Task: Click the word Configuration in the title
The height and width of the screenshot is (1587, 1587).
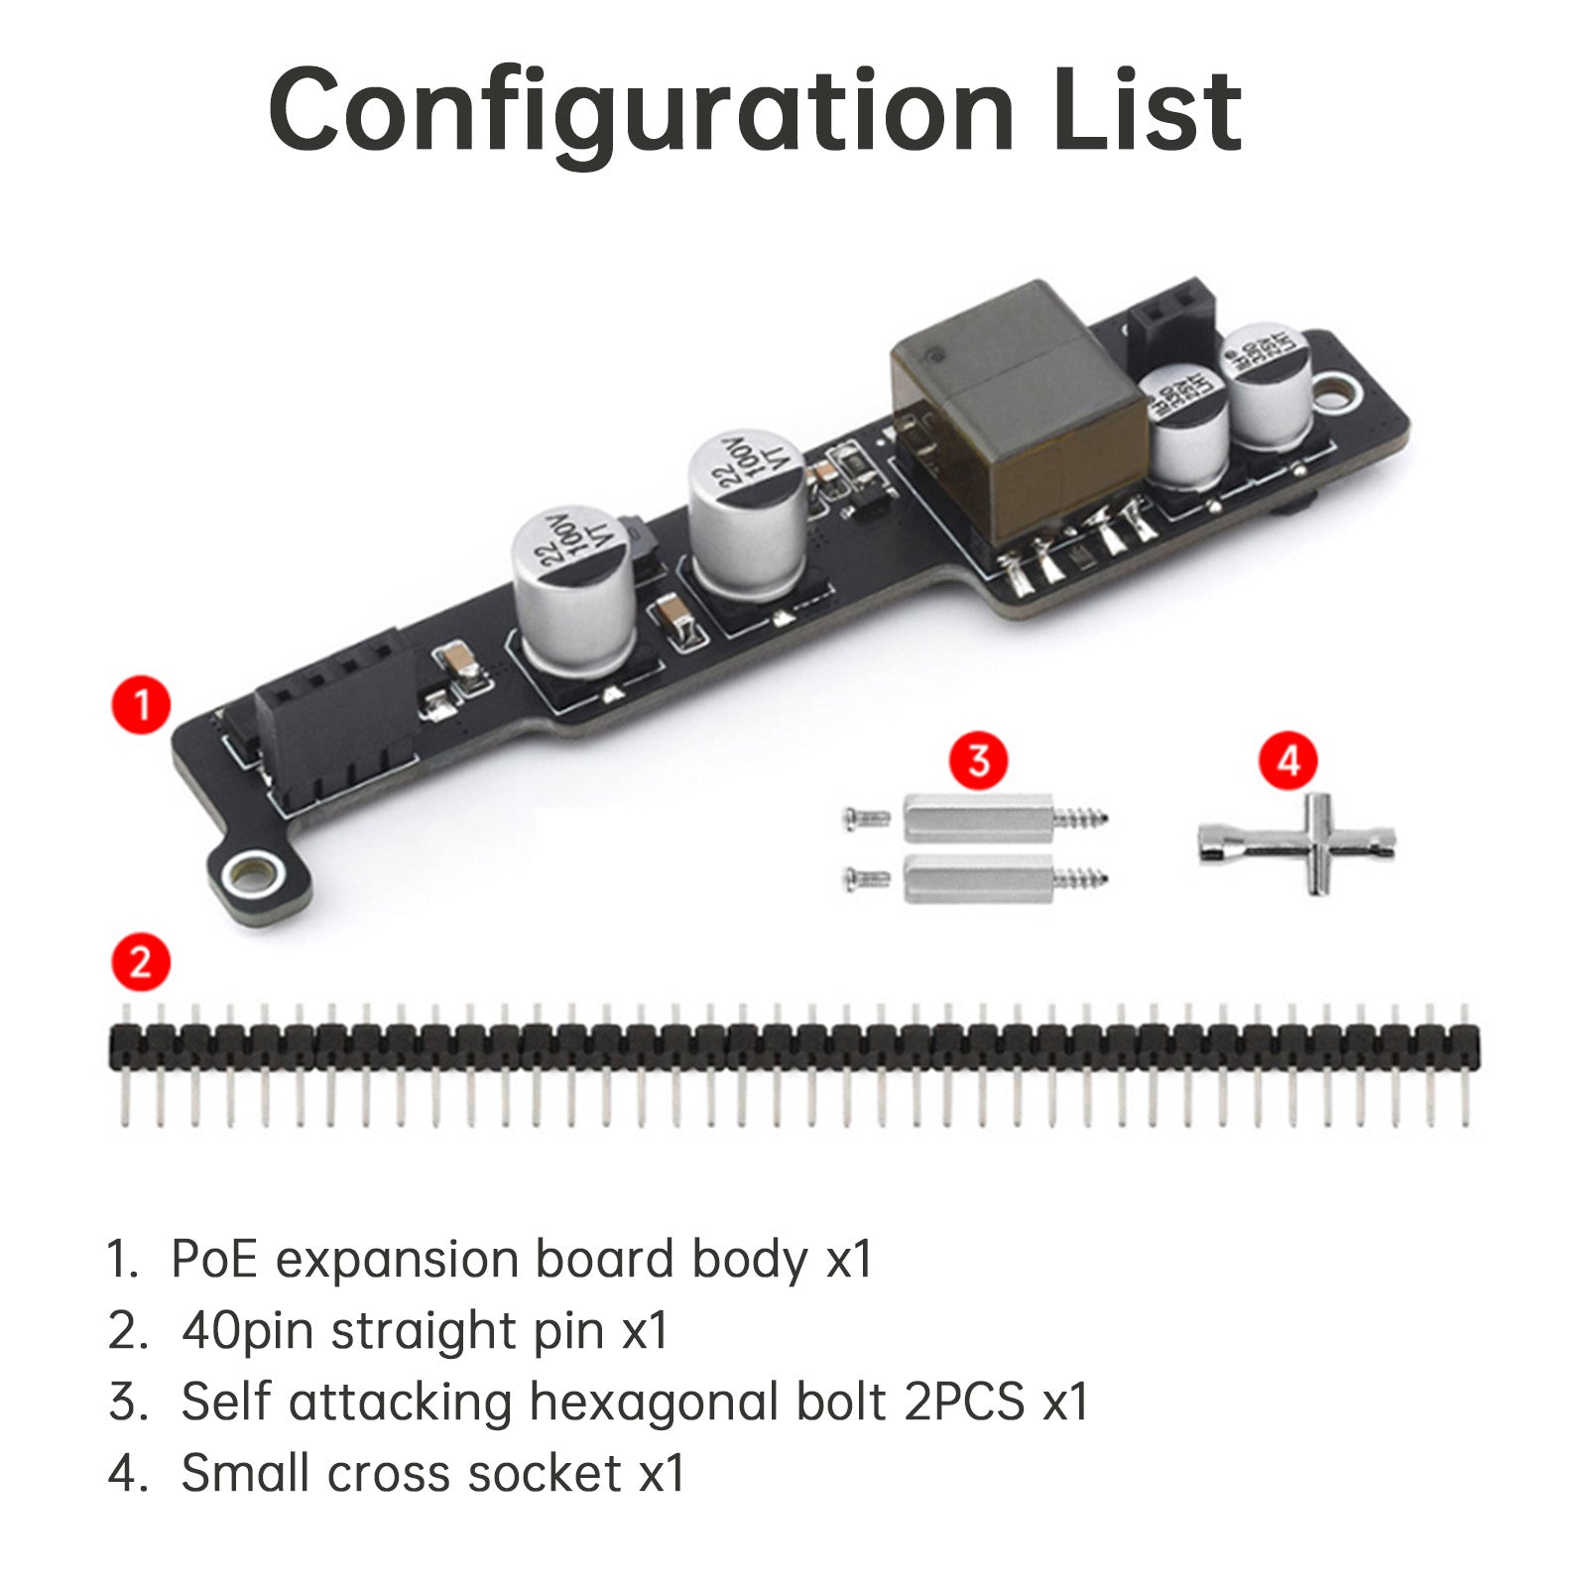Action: click(x=640, y=109)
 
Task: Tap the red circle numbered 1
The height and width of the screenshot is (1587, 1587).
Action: click(x=141, y=705)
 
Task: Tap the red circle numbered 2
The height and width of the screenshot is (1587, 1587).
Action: click(x=141, y=962)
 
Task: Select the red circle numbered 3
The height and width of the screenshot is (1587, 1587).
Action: click(x=979, y=761)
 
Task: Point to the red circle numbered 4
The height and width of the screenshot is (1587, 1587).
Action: click(x=1288, y=761)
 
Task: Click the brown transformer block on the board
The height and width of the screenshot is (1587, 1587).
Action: click(x=1017, y=407)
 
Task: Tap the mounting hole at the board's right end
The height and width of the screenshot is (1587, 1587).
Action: click(x=1339, y=391)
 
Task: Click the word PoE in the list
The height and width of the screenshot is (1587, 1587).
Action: click(x=214, y=1260)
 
